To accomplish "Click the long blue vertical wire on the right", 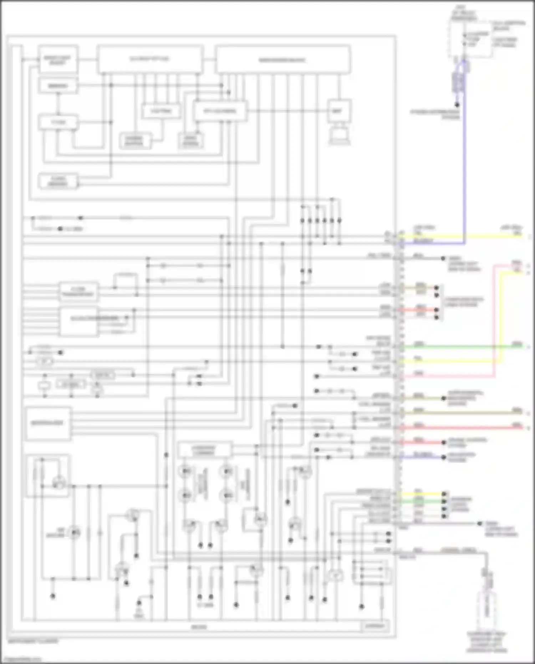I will point(464,161).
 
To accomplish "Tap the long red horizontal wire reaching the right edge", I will point(464,427).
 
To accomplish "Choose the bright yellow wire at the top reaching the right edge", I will point(464,236).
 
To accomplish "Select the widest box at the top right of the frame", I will point(282,60).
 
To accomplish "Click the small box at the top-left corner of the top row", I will point(58,60).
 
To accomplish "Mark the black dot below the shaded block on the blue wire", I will point(457,105).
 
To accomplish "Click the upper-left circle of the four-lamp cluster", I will point(186,471).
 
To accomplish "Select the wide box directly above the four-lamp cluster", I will point(204,450).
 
